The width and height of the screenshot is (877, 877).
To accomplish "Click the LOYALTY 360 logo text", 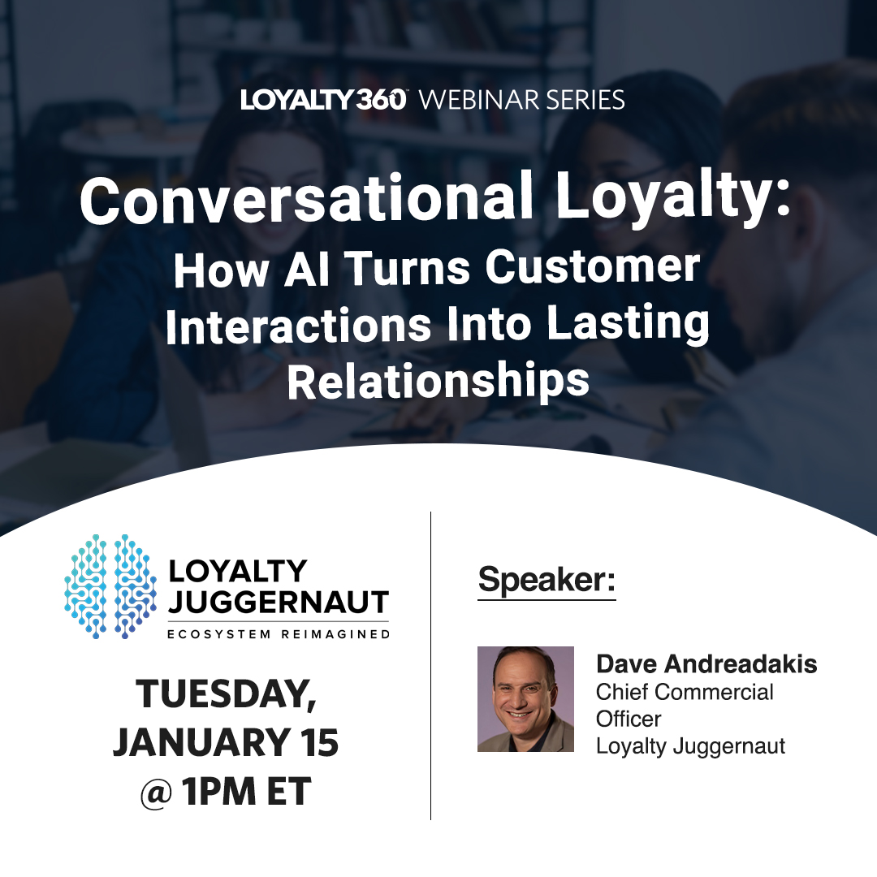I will pos(322,100).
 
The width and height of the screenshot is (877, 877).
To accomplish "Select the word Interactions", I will pos(298,326).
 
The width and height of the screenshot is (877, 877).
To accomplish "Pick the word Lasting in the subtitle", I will pos(628,326).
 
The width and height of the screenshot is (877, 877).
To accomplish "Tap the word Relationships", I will pos(438,382).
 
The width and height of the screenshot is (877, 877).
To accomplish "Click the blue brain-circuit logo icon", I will pos(110,586).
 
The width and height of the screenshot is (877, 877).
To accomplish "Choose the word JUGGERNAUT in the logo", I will pos(279,603).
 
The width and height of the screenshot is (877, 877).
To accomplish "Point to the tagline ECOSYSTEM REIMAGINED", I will pos(279,633).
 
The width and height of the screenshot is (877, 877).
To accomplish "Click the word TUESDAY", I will pos(226,695).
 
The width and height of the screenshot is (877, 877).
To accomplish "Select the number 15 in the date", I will pos(315,743).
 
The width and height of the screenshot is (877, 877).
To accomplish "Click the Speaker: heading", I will pos(547,580).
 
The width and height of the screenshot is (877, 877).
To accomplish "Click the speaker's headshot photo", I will pos(525,699).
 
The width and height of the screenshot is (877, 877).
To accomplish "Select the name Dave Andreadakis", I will pos(706,664).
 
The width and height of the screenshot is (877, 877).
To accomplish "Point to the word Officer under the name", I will pos(629,719).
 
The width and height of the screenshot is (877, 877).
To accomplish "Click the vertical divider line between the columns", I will pos(430,666).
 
